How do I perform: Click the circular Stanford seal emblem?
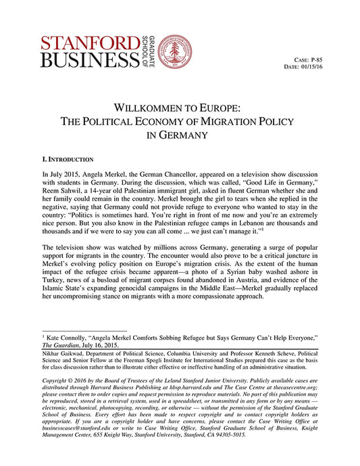click(x=174, y=52)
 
